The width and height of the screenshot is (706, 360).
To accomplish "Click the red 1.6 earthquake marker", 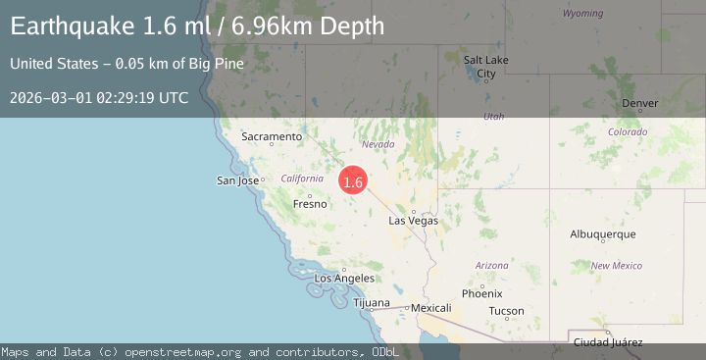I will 353,181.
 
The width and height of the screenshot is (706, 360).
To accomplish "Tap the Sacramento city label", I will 272,136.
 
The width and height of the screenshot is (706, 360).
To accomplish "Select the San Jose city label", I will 237,180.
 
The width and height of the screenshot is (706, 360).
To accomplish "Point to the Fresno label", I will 310,204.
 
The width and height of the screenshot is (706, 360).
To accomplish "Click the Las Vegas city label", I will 414,221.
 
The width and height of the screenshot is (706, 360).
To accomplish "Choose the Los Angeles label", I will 343,279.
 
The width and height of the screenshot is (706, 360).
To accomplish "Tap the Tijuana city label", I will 372,303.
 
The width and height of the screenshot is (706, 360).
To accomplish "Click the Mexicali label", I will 430,308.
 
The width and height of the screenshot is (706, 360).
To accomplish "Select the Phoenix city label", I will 482,293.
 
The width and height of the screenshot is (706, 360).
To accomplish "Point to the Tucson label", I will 506,311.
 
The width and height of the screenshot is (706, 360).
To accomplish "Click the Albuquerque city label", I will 603,234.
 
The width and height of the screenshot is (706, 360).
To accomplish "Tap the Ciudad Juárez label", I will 608,341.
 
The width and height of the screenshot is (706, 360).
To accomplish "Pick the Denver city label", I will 640,103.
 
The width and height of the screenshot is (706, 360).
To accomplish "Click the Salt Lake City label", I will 485,67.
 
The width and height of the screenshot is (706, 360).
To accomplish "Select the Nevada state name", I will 378,144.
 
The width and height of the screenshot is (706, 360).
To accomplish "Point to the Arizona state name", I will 491,266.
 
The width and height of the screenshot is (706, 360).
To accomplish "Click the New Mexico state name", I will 616,266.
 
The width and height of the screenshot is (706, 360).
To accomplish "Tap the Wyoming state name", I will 583,14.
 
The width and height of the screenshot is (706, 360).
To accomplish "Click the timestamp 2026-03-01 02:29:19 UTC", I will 99,98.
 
